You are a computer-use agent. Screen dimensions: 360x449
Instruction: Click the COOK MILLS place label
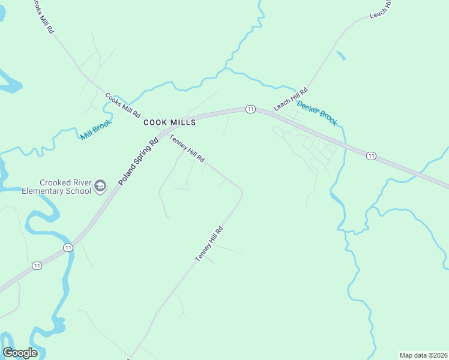pos(170,122)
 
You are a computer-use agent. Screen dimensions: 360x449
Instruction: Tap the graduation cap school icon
pos(100,187)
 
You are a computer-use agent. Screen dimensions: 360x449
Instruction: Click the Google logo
pos(20,353)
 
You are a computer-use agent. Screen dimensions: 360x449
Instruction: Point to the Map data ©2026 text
pos(423,355)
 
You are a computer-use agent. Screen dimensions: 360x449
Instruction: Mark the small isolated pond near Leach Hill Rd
pos(341,56)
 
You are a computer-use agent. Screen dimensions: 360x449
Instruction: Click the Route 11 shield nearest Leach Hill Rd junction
pos(250,109)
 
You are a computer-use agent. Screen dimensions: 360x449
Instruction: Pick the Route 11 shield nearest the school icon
pos(68,247)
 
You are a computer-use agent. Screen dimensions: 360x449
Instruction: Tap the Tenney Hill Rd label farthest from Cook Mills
pos(209,243)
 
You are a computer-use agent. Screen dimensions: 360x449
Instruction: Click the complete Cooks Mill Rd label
pos(122,104)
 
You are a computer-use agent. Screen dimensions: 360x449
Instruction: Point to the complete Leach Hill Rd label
pos(291,99)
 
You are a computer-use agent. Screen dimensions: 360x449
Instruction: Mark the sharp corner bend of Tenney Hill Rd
pos(242,192)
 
